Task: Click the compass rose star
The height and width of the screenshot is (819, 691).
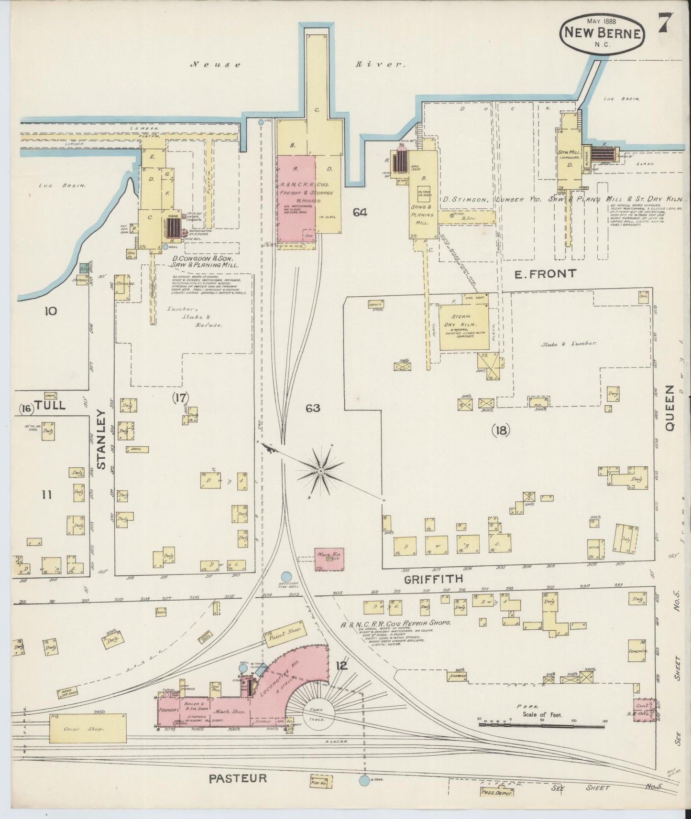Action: pos(321,471)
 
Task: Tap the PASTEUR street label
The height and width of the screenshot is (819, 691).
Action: pos(238,778)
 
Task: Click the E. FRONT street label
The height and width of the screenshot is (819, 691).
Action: pos(545,274)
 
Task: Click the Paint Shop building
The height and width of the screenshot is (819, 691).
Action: pos(284,634)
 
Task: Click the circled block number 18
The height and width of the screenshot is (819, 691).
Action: pos(501,431)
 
